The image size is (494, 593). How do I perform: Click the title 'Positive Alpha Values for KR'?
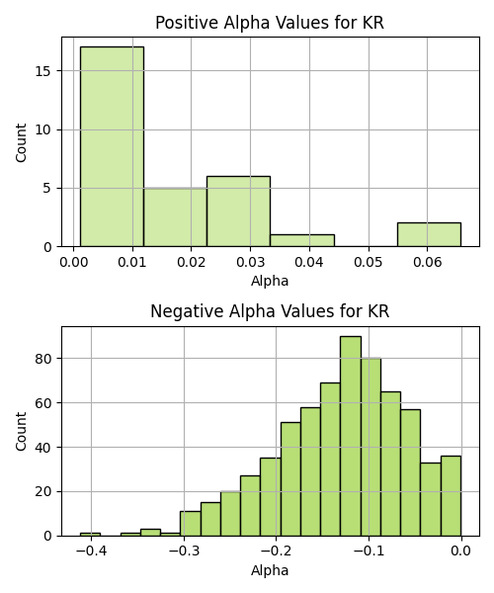coord(270,23)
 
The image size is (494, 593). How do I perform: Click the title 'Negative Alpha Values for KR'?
coord(270,311)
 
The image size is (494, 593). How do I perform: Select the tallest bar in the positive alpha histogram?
coord(112,146)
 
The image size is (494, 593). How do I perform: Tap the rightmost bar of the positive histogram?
coord(429,235)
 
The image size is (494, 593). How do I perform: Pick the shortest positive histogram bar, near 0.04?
coord(302,240)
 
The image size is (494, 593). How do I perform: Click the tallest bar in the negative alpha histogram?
coord(351,436)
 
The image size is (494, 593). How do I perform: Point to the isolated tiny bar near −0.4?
coord(90,535)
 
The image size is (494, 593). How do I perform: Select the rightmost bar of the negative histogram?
coord(451,496)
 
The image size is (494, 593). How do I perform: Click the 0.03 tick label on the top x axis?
coord(250,262)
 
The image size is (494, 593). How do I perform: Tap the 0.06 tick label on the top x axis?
coord(427,262)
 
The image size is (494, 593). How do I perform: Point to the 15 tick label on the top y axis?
coord(43,71)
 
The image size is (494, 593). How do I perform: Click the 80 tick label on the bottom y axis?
coord(43,359)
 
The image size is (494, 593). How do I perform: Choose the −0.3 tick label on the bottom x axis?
coord(184,551)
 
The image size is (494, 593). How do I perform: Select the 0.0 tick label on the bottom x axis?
coord(460,551)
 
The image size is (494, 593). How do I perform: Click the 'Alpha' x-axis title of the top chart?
coord(270,281)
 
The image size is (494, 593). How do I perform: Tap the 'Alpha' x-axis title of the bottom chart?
coord(270,570)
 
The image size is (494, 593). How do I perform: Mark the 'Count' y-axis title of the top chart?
coord(21,142)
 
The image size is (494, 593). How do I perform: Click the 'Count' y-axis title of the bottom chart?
coord(21,432)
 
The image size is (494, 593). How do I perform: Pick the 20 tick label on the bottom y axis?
coord(43,492)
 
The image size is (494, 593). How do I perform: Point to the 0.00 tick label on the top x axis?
coord(74,262)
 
